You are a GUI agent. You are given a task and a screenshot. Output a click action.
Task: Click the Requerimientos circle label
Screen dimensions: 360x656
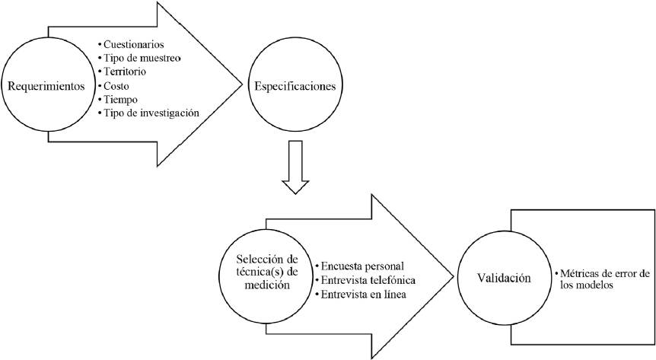[46, 85]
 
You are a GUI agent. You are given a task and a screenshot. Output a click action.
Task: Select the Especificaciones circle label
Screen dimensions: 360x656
[293, 85]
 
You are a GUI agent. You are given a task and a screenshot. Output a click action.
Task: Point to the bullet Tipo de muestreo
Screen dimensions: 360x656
[145, 58]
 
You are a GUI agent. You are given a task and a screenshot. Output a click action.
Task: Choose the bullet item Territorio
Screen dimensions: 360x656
[129, 72]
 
